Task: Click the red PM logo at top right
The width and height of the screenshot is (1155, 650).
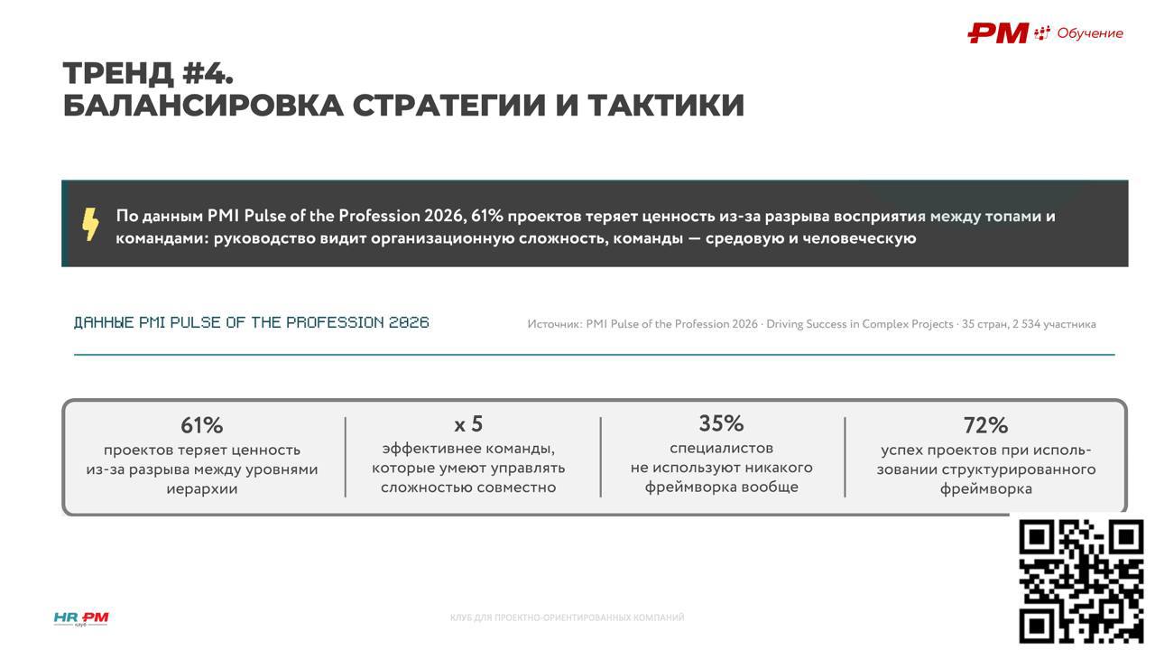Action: tap(998, 33)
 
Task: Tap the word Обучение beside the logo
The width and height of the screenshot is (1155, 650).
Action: tap(1089, 33)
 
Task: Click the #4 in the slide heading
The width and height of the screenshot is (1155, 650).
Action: tap(208, 73)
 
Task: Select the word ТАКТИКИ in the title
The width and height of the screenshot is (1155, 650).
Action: tap(666, 106)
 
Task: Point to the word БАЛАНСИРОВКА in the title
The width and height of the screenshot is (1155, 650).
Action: tap(203, 106)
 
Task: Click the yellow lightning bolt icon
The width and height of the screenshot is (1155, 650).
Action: tap(90, 225)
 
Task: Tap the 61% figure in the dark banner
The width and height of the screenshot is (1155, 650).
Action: tap(486, 216)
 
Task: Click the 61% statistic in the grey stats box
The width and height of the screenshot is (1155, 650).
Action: tap(201, 425)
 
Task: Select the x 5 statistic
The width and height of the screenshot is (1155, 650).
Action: tap(468, 424)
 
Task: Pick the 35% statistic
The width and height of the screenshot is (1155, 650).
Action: tap(721, 423)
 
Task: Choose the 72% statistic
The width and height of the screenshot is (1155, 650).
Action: tap(985, 425)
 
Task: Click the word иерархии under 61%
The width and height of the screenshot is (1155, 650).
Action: tap(201, 488)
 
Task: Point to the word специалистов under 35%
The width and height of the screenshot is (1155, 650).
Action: tap(721, 449)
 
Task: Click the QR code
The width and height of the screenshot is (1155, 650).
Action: tap(1081, 581)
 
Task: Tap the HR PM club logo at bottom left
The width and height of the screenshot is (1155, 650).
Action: tap(81, 618)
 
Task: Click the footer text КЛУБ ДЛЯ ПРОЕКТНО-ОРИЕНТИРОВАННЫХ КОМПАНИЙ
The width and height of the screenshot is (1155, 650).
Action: tap(568, 617)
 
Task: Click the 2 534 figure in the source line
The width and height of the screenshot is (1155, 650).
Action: tap(1026, 324)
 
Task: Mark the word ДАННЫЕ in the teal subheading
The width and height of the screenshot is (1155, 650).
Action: tap(104, 322)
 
